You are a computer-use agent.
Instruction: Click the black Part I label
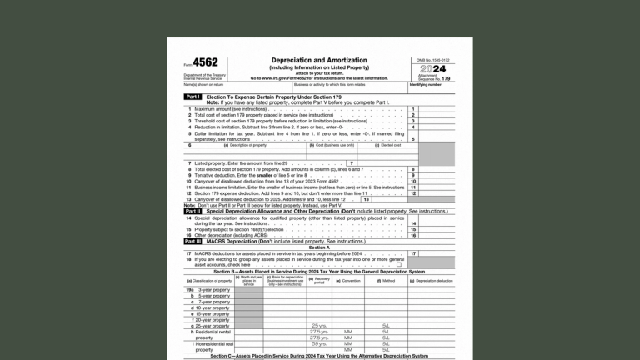tap(192, 97)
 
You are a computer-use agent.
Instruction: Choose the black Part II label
tap(192, 212)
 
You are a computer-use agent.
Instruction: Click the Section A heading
tap(319, 247)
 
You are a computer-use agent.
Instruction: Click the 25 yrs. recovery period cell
tap(319, 326)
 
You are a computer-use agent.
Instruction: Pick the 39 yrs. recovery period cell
tap(319, 343)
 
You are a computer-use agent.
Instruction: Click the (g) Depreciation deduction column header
tap(433, 281)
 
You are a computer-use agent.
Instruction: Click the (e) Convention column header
tap(349, 281)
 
